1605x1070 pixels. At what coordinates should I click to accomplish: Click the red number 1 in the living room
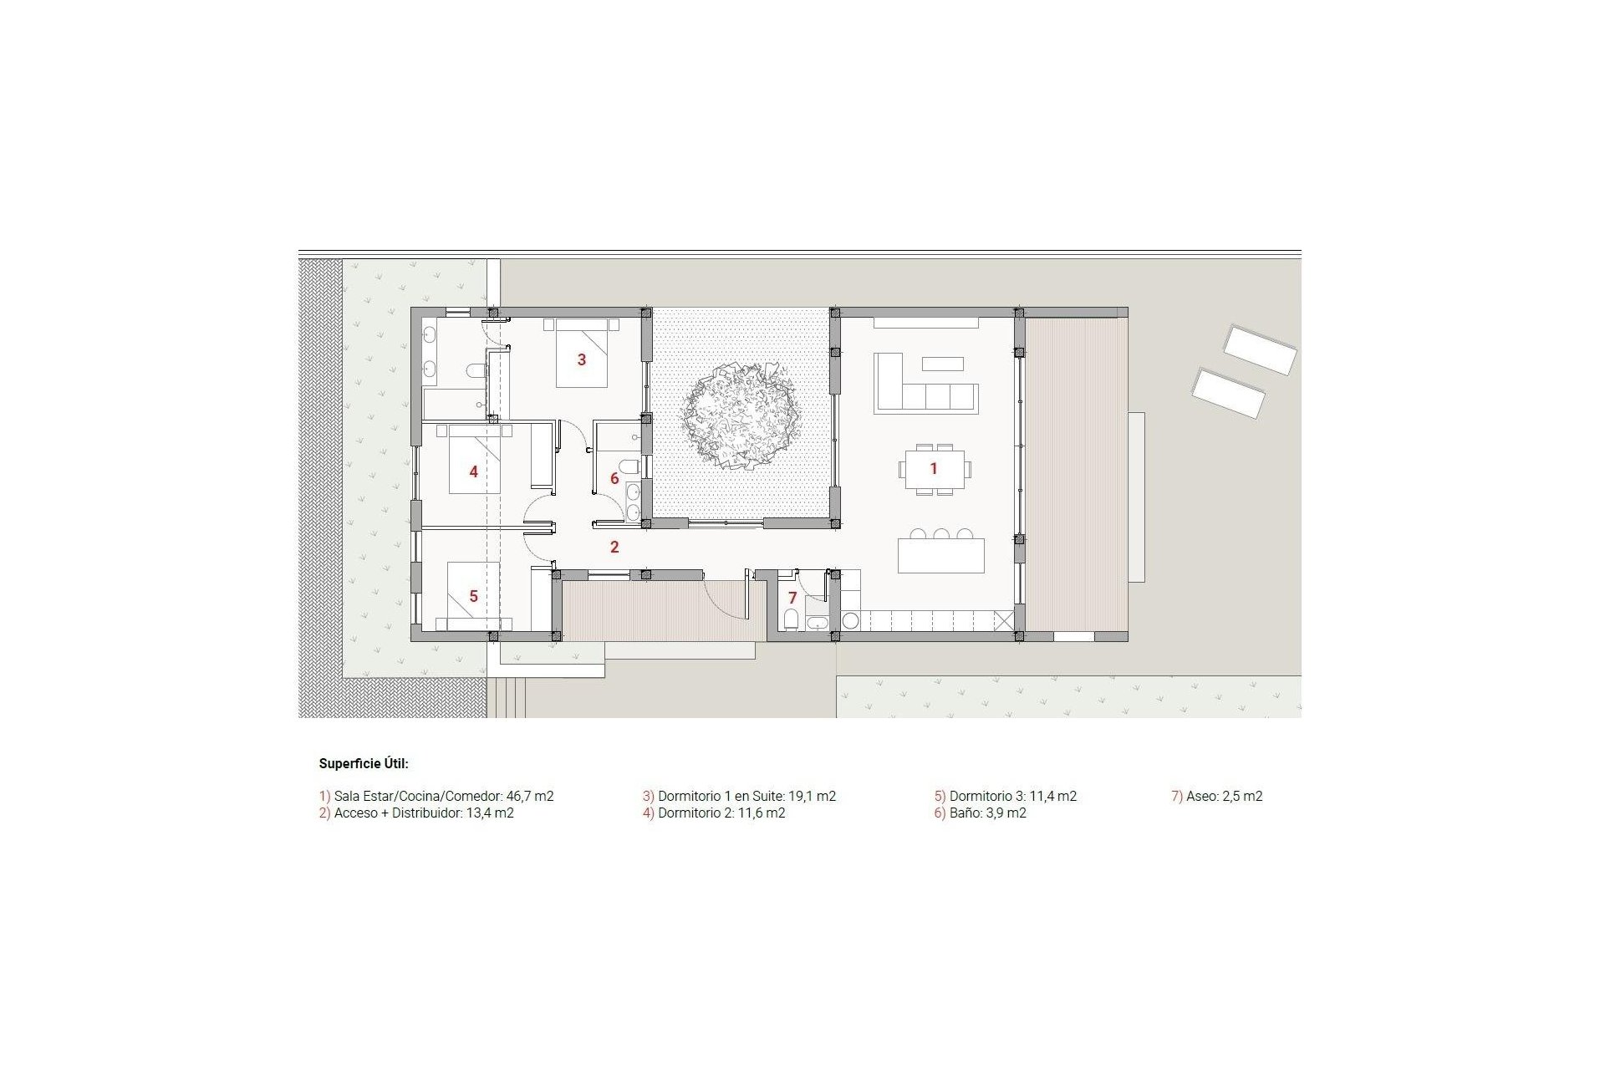(x=934, y=469)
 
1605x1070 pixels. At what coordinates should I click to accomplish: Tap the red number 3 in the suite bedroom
(x=582, y=360)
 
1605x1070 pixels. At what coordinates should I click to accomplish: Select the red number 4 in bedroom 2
(x=473, y=472)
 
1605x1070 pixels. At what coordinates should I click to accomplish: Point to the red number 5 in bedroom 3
(x=473, y=596)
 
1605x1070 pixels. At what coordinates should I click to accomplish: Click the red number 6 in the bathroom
(x=614, y=479)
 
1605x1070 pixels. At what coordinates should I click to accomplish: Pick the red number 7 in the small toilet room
(x=792, y=599)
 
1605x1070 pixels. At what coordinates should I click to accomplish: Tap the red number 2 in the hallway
(x=614, y=548)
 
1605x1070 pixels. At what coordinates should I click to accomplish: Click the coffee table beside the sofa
(x=943, y=364)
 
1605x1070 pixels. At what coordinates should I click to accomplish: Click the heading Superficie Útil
(x=364, y=763)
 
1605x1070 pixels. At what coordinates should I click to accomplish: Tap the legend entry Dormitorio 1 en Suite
(x=739, y=797)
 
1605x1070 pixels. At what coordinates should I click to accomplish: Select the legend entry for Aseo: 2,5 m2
(x=1217, y=797)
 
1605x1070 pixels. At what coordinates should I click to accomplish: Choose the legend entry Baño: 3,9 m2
(x=980, y=813)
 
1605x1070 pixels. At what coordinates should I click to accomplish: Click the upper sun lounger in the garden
(x=1260, y=349)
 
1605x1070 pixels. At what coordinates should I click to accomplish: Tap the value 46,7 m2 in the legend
(x=530, y=797)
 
